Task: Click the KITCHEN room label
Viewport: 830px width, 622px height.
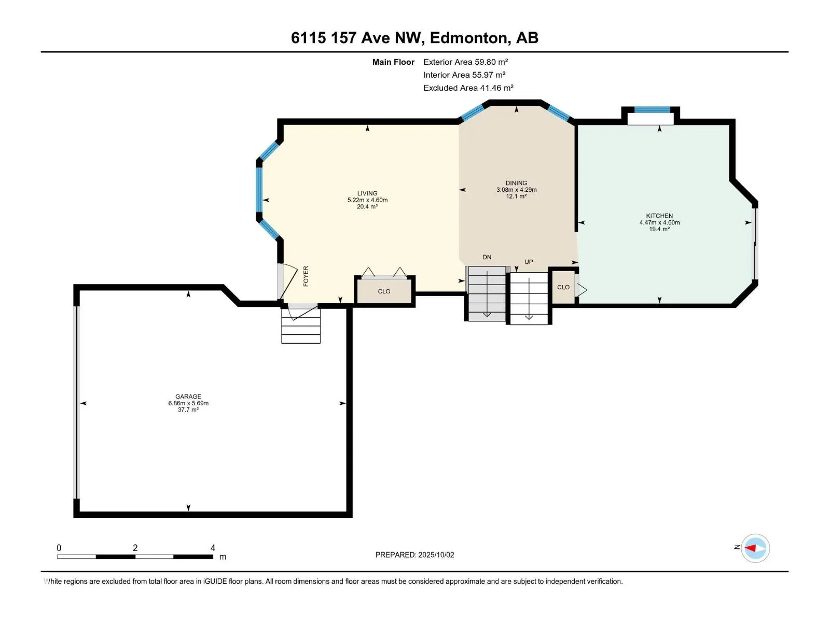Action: pyautogui.click(x=659, y=216)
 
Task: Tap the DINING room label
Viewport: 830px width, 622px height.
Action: pyautogui.click(x=516, y=183)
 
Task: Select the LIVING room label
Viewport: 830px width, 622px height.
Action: pyautogui.click(x=367, y=193)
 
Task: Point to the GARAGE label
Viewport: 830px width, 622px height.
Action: pyautogui.click(x=188, y=396)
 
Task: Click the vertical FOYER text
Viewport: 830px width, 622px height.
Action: pyautogui.click(x=306, y=276)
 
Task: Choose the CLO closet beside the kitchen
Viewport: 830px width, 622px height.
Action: pyautogui.click(x=563, y=287)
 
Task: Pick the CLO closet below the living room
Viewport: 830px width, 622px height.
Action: pyautogui.click(x=384, y=291)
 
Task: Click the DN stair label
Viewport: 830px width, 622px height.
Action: pyautogui.click(x=487, y=257)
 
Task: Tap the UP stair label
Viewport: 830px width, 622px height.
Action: pyautogui.click(x=529, y=262)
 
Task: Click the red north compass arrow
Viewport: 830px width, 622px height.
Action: pyautogui.click(x=750, y=548)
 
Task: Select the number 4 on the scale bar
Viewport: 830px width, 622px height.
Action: pyautogui.click(x=213, y=547)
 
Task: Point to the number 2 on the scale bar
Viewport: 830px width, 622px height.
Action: pyautogui.click(x=135, y=547)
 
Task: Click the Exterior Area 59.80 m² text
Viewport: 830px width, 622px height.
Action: pyautogui.click(x=465, y=62)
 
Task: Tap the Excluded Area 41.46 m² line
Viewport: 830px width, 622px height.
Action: pyautogui.click(x=468, y=88)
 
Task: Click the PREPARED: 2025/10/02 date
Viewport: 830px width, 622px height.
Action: pyautogui.click(x=414, y=555)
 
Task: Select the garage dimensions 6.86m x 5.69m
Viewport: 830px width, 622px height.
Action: pyautogui.click(x=188, y=403)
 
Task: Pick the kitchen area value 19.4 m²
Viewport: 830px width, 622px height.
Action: pyautogui.click(x=659, y=229)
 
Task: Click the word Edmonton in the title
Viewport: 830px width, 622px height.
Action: pyautogui.click(x=468, y=38)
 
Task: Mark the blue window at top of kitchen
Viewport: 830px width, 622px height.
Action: pyautogui.click(x=652, y=110)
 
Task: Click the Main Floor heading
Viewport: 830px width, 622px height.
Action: pyautogui.click(x=393, y=62)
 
